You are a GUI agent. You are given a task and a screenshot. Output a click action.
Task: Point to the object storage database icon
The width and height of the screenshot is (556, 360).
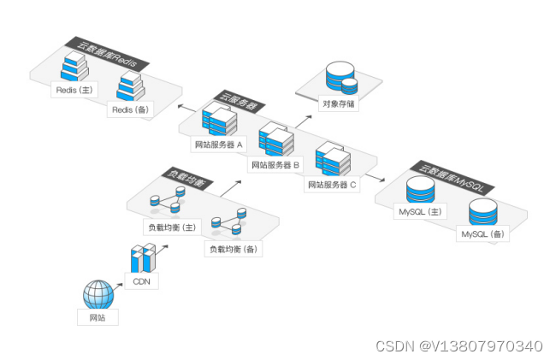click(341, 80)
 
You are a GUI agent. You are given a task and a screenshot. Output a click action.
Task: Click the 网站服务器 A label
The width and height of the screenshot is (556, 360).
click(219, 145)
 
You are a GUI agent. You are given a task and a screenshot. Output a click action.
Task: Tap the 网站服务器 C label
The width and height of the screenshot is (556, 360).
click(334, 184)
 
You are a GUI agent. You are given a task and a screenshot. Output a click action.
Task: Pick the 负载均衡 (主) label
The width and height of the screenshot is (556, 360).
click(173, 227)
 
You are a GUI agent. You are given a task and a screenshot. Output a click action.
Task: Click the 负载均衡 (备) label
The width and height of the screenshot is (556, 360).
click(233, 249)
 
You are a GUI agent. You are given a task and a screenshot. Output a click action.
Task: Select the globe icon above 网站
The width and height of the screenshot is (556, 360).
click(98, 294)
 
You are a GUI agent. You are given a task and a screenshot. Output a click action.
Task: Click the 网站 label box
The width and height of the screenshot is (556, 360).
click(98, 318)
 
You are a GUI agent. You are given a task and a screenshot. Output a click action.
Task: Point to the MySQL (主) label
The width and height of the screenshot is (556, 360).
click(419, 210)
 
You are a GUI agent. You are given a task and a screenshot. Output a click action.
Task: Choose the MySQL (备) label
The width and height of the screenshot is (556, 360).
click(483, 233)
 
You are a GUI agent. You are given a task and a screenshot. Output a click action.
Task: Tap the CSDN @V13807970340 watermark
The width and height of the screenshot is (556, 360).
click(458, 345)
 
